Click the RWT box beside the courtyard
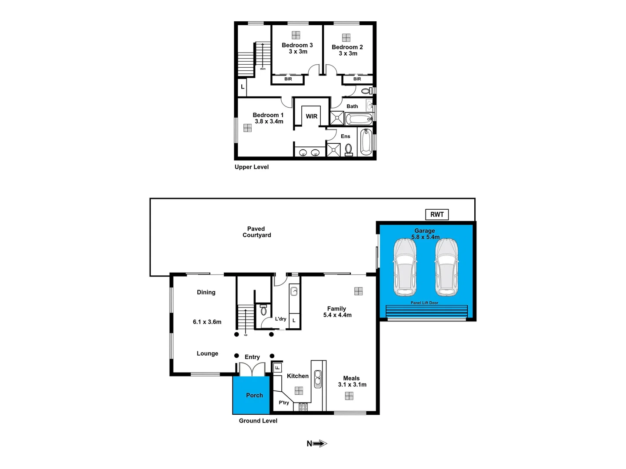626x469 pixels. point(437,215)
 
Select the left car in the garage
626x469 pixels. point(405,268)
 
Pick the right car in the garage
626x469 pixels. point(446,268)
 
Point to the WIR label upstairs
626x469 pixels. point(312,116)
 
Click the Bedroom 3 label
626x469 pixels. point(297,45)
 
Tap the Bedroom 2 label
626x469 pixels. point(347,47)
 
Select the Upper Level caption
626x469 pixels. point(252,167)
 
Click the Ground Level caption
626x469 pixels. point(258,421)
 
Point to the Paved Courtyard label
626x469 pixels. point(256,232)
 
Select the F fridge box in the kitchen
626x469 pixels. point(277,368)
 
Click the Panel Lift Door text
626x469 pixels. point(424,303)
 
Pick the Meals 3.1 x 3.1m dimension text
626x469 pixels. point(352,385)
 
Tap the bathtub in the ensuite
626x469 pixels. point(365,141)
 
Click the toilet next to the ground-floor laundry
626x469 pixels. point(263,310)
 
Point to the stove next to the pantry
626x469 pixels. point(303,407)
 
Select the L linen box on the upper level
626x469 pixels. point(243,87)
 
